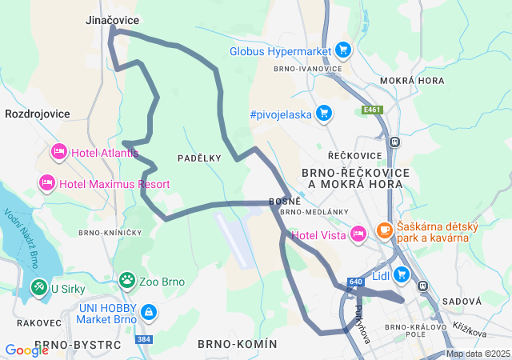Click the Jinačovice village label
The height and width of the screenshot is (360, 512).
click(x=113, y=20)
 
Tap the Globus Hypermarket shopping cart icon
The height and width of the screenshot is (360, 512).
click(x=343, y=50)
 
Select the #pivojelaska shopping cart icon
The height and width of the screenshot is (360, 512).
click(x=324, y=114)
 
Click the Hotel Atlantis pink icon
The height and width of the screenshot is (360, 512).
click(x=58, y=151)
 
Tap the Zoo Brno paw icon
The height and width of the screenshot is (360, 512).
click(x=127, y=281)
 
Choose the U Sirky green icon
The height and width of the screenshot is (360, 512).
click(x=38, y=286)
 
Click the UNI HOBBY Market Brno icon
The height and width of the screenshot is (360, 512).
click(x=148, y=311)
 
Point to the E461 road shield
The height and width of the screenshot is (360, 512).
click(x=370, y=110)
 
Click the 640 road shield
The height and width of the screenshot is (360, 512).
click(x=356, y=282)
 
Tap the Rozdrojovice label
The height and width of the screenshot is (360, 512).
click(x=37, y=114)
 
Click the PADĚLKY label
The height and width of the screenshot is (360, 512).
click(x=199, y=158)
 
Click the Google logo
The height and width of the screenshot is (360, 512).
click(x=26, y=350)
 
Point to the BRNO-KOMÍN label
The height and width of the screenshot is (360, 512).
click(x=237, y=344)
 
